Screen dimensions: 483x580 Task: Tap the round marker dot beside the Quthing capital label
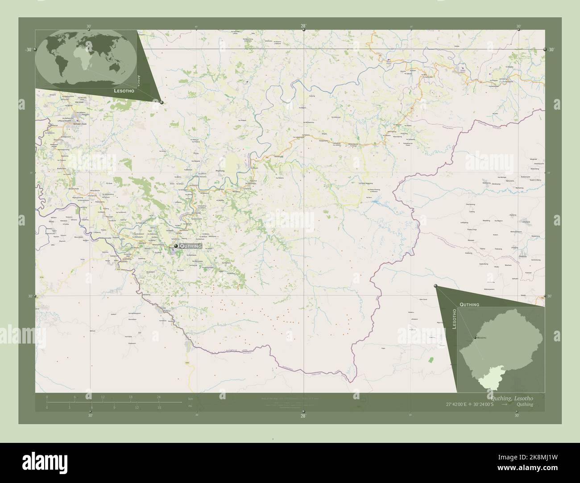pos(176,246)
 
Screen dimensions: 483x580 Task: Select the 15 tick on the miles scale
pos(158,407)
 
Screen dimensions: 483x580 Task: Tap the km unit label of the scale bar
pos(191,399)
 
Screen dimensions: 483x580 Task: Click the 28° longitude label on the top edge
pos(303,26)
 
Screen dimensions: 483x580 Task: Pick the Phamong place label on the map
pos(220,171)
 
